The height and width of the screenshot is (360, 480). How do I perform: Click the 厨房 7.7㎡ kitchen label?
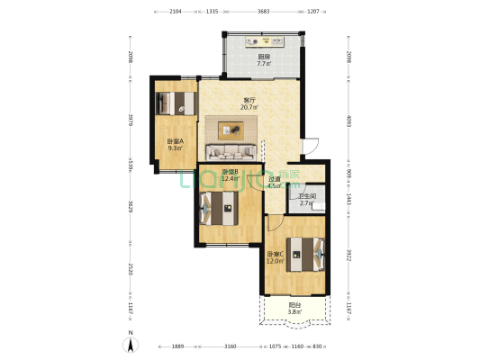(x=264, y=60)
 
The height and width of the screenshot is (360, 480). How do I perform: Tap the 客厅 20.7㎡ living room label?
(x=249, y=103)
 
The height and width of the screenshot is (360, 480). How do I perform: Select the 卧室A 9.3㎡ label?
(x=175, y=145)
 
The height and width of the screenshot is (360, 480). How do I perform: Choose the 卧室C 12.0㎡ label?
(x=276, y=258)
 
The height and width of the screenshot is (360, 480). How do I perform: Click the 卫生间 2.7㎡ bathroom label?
(x=307, y=200)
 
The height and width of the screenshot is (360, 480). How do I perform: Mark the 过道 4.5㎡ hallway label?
(x=276, y=183)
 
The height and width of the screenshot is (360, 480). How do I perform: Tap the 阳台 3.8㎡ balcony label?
(x=294, y=309)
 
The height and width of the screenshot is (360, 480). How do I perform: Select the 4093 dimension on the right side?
(x=348, y=121)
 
